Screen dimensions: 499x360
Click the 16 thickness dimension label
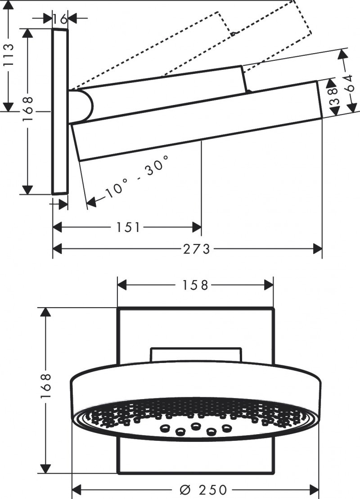(60, 19)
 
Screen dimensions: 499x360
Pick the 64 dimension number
(349, 82)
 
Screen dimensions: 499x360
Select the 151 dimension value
(129, 228)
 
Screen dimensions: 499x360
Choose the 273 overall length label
(197, 249)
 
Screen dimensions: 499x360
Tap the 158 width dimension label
(196, 285)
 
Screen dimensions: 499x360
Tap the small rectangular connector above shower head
(196, 354)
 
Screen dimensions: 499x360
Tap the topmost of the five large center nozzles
(196, 425)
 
